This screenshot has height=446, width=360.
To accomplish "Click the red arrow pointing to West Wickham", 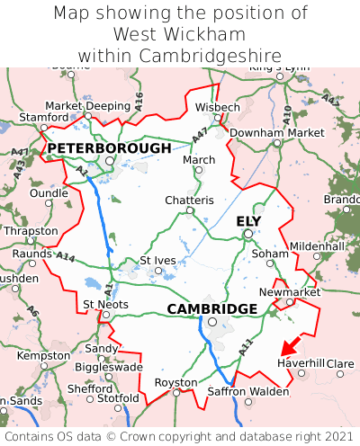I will coord(291,345).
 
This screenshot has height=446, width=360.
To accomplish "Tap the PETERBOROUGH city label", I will coord(109,147).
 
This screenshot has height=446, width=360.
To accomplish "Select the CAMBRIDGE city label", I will coord(212,308).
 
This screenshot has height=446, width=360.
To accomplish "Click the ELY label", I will coord(248,221).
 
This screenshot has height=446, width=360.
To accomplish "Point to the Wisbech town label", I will coord(218,107).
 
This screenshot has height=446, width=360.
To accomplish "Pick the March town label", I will coord(199,159).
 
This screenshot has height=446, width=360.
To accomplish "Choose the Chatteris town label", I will coord(189,200).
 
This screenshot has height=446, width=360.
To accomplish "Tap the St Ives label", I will coord(157,260).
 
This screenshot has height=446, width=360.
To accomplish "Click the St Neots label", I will coord(105,304).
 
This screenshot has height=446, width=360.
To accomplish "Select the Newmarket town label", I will coord(289,292).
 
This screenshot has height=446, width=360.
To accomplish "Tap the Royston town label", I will coord(176,381).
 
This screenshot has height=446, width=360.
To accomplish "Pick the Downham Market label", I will coord(276,132).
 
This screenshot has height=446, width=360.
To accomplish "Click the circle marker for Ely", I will coord(248,235).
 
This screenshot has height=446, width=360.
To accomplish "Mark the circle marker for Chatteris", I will coord(189,210).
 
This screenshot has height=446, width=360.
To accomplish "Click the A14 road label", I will coord(65,257).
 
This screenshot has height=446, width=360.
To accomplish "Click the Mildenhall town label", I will coord(316,245).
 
